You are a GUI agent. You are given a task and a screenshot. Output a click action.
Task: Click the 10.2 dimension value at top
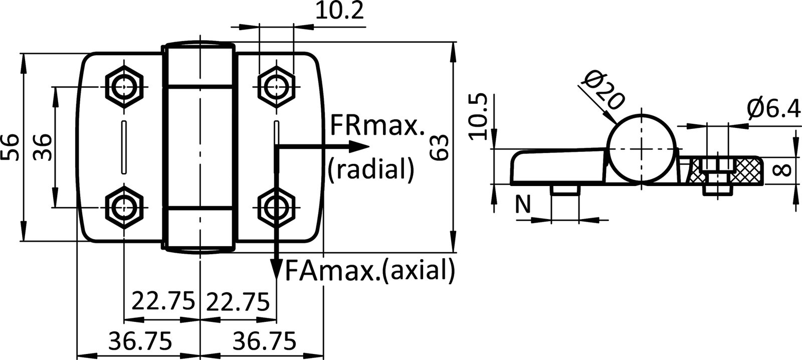pos(339,11)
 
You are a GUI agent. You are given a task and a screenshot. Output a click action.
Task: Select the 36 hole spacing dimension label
pos(42,147)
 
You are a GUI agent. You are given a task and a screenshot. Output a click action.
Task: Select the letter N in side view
pos(523,204)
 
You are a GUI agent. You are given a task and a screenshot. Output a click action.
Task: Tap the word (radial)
pos(370,169)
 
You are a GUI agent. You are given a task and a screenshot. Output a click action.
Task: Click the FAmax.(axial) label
pos(370,271)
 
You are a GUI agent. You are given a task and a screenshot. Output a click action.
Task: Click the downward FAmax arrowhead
pos(275,268)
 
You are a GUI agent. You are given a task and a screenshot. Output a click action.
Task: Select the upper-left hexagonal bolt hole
pos(124,87)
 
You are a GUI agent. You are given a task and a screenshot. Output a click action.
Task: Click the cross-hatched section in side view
pos(746,170)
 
